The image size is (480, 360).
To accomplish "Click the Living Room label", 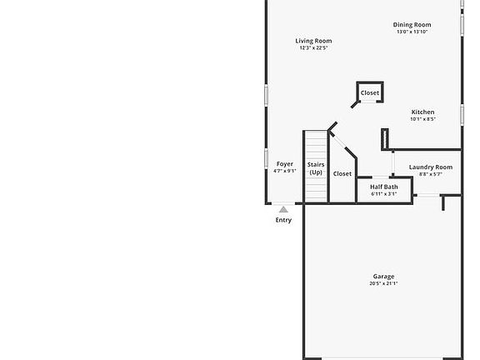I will coord(313,41).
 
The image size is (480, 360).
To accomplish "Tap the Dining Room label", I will coord(412,25).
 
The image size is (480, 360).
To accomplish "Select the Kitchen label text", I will coord(422,112).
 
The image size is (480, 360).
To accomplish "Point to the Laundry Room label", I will coord(431,167).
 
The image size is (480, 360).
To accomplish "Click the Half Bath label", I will coord(384,187).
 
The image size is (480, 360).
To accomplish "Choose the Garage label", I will coord(383,277).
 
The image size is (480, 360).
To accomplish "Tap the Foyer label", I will coord(284,164).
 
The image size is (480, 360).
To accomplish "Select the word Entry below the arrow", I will coord(283,220).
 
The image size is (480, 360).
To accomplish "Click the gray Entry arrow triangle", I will coord(283,210).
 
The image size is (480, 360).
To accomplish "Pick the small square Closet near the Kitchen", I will coord(370,92).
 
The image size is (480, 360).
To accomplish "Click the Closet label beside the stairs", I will coord(342,173).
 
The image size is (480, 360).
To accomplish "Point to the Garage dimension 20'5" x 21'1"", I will coord(383,284).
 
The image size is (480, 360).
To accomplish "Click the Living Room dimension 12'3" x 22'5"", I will coord(313,48).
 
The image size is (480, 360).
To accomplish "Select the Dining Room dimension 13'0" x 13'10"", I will coord(412,32).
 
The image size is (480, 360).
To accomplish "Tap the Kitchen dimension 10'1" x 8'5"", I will coord(422,119).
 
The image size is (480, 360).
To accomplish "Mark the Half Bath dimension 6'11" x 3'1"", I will coord(384,194).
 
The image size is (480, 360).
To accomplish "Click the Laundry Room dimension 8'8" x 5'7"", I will coord(431,174).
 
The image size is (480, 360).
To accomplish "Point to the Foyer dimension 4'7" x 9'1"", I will coord(284,171).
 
